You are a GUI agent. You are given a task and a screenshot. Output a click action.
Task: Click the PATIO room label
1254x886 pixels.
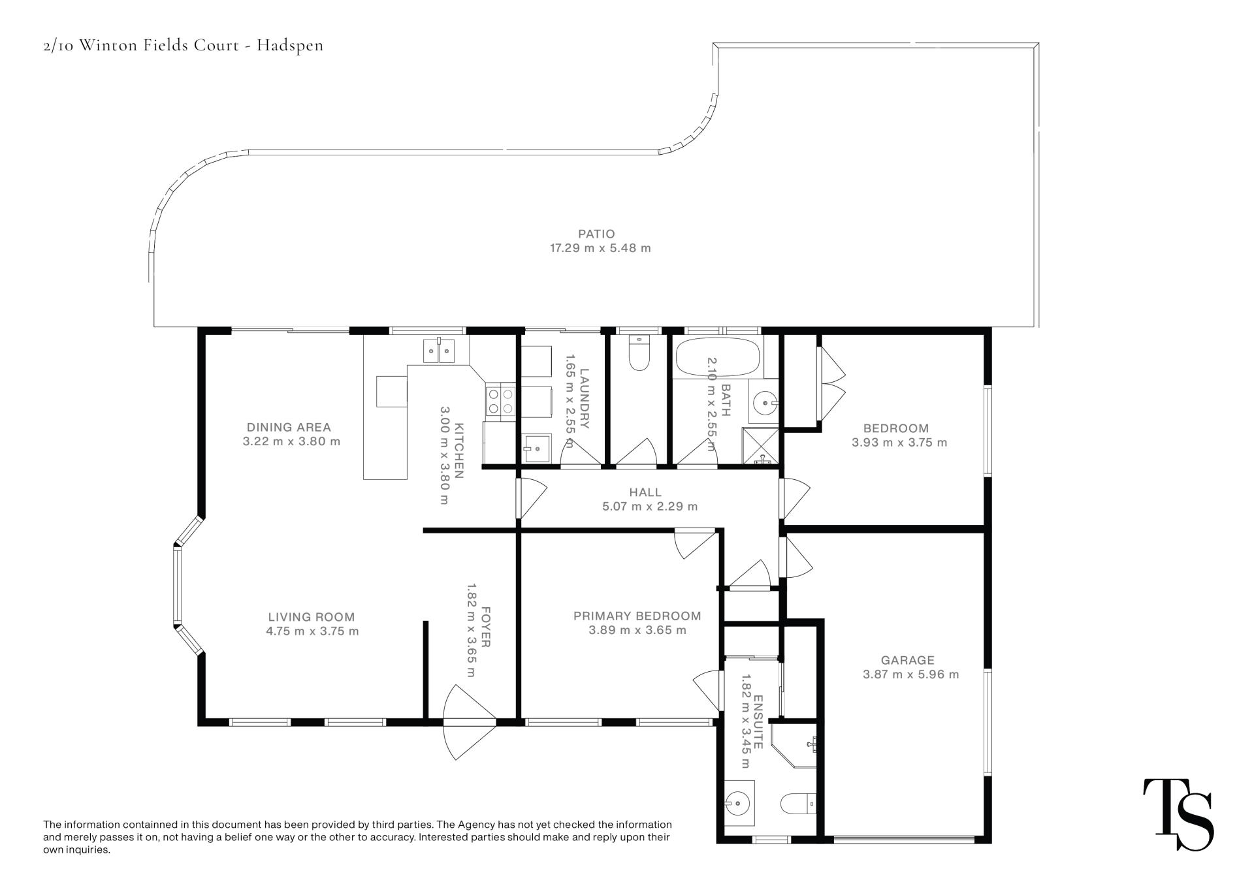596,234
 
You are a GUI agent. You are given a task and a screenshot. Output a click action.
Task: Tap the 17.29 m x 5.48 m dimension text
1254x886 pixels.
600,248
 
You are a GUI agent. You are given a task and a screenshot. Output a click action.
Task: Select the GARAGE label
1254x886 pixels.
907,660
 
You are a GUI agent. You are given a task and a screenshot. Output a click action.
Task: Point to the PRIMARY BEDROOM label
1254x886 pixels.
637,616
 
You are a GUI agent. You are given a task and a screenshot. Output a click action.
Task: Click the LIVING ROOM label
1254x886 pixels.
312,617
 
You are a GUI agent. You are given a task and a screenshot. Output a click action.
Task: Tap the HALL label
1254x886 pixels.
645,492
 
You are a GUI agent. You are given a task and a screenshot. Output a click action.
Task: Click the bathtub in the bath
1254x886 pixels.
717,357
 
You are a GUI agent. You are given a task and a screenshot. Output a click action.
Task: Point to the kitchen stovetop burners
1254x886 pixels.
500,402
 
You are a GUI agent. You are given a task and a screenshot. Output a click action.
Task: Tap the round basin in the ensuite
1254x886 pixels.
739,800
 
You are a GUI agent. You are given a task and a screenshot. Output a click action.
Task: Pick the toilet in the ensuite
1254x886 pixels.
798,802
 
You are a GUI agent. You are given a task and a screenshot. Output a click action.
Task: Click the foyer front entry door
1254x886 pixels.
469,721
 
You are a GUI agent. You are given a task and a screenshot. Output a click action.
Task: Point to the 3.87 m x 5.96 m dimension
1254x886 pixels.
910,674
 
